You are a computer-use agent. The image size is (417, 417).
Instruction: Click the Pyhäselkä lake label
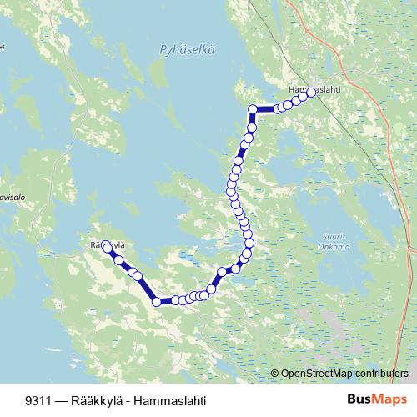[187, 50]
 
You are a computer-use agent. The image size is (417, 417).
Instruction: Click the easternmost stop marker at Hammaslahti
[312, 93]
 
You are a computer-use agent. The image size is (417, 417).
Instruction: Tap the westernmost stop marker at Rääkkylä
[106, 247]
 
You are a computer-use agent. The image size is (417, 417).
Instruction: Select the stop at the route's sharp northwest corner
[253, 109]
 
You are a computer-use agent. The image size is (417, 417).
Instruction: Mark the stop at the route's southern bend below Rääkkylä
[156, 301]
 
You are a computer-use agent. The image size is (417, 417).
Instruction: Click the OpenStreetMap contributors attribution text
[344, 374]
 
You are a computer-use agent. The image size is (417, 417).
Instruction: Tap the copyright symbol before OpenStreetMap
[275, 374]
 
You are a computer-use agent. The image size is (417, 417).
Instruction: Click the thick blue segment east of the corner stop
[265, 108]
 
